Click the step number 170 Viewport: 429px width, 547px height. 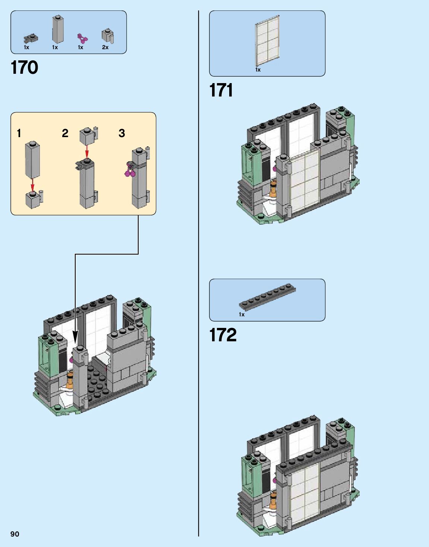click(25, 67)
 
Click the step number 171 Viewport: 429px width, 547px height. click(221, 90)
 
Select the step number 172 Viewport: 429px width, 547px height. click(223, 335)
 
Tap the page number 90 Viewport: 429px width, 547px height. click(15, 534)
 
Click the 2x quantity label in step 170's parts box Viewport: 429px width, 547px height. click(105, 47)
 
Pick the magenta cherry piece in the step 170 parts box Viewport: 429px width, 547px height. click(82, 38)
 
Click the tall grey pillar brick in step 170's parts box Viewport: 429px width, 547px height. click(58, 29)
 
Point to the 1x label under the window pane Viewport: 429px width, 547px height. click(258, 70)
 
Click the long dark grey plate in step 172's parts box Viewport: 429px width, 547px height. click(267, 296)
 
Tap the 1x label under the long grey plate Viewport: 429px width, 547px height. click(242, 314)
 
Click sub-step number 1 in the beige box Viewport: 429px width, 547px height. click(19, 133)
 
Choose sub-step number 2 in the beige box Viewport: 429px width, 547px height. click(65, 133)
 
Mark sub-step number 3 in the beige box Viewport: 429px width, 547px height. click(122, 133)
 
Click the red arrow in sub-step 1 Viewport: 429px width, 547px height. click(32, 185)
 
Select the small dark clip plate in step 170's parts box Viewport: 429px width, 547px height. click(31, 38)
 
